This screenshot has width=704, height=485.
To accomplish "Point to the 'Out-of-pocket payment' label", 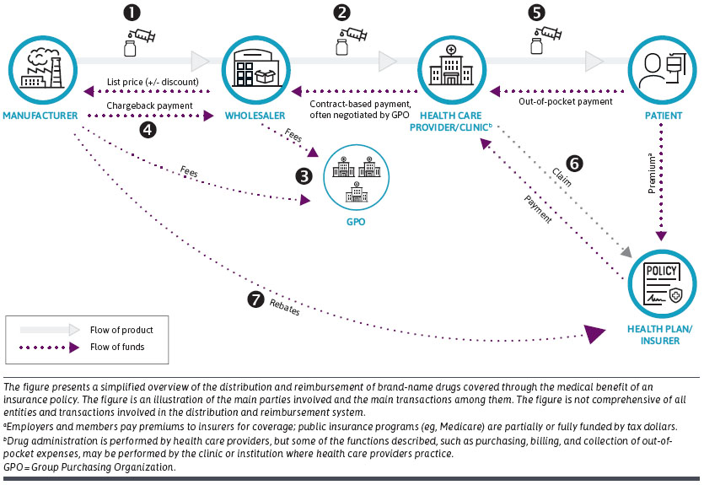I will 566,101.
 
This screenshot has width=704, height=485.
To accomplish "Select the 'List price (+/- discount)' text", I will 153,82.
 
